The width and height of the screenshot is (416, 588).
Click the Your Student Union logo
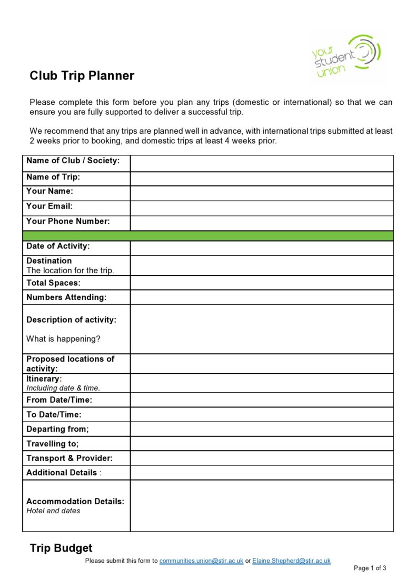click(x=345, y=57)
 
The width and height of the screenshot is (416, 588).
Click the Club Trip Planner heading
click(x=82, y=76)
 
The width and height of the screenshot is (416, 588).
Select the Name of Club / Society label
click(x=73, y=161)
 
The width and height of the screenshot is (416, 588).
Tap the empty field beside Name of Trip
click(x=261, y=178)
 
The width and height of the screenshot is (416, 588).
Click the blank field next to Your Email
click(x=261, y=208)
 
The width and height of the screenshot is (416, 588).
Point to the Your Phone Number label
click(x=68, y=222)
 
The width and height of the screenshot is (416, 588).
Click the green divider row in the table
click(x=207, y=235)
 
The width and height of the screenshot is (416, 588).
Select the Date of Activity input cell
click(x=261, y=248)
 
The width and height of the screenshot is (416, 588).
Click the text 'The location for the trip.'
click(x=70, y=271)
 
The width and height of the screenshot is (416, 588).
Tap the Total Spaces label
click(x=53, y=283)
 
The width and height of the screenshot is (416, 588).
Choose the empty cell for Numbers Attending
click(x=261, y=297)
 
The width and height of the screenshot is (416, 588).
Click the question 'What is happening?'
click(x=63, y=339)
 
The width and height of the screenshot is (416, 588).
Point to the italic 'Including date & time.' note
click(x=63, y=388)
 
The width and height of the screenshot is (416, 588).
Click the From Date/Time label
click(x=59, y=400)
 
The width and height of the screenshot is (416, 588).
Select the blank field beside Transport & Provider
click(x=261, y=458)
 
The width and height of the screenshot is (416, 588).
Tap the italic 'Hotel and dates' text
click(x=53, y=511)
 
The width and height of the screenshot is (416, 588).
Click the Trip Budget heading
click(x=61, y=549)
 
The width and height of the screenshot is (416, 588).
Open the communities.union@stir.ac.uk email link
click(x=201, y=561)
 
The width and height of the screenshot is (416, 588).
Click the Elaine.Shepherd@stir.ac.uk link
click(x=291, y=561)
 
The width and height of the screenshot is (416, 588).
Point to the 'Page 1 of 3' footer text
click(x=370, y=569)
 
